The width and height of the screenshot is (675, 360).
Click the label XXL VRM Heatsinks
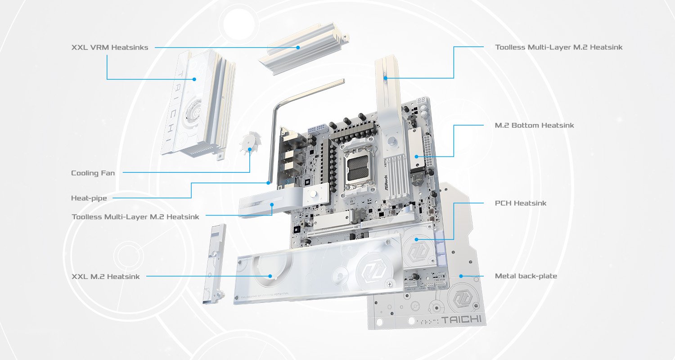(x=109, y=47)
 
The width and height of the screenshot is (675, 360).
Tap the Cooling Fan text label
(x=93, y=173)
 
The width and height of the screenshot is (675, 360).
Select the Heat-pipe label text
(x=89, y=198)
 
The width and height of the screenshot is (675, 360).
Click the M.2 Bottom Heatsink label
(x=534, y=125)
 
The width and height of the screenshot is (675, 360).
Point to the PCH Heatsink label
(x=520, y=203)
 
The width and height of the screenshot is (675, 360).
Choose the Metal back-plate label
(x=526, y=276)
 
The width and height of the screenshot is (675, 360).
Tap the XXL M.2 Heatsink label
(x=105, y=277)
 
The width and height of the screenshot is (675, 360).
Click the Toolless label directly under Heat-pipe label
(x=135, y=217)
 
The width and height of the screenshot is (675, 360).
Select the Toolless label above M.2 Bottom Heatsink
(x=558, y=47)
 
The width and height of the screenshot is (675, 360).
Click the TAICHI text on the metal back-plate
(x=461, y=320)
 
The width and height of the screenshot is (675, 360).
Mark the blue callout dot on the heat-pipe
(x=268, y=183)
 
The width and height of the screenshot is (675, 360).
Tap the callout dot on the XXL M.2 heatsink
(x=270, y=276)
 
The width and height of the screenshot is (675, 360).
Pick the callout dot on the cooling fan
(x=250, y=149)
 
